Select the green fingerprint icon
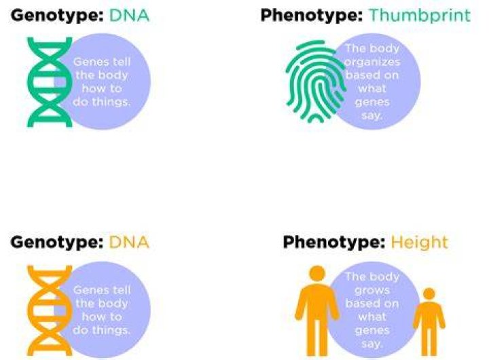(316, 82)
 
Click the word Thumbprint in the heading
(420, 16)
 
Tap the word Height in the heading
(420, 242)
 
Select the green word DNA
(129, 16)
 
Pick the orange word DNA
(129, 242)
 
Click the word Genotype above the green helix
(57, 16)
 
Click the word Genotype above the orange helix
(57, 242)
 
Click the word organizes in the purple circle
(372, 62)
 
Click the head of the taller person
(317, 274)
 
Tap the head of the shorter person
(429, 294)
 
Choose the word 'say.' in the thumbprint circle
(372, 116)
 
